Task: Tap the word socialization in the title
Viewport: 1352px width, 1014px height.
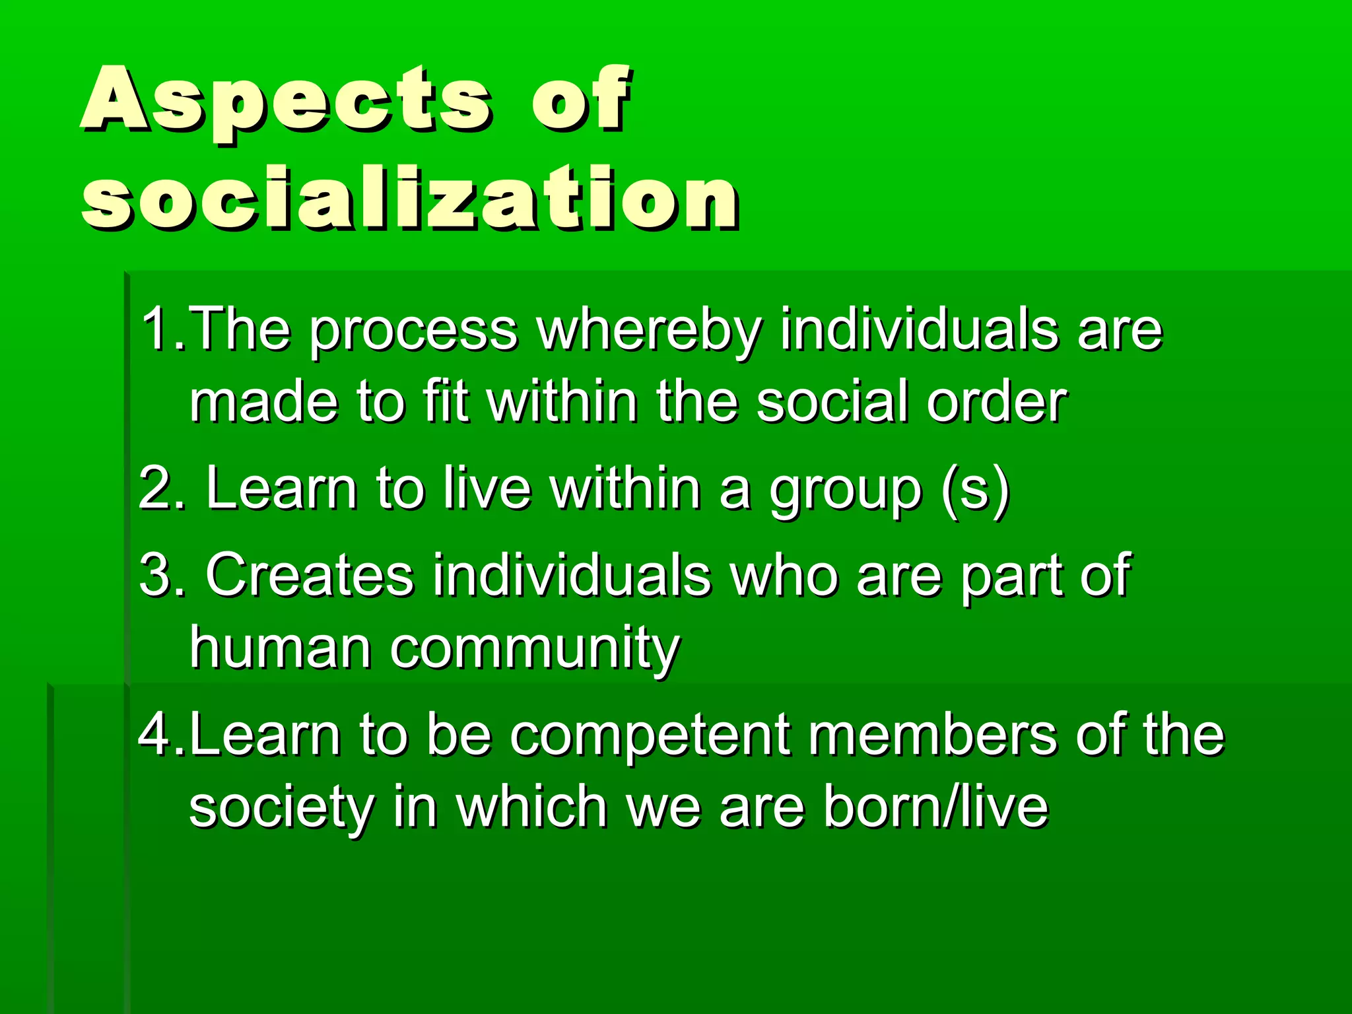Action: [x=409, y=198]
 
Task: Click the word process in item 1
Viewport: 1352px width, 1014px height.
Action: [x=414, y=330]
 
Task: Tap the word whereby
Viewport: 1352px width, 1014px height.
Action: [x=650, y=330]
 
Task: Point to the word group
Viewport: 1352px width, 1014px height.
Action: [x=846, y=492]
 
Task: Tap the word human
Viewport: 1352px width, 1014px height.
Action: [x=281, y=648]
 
